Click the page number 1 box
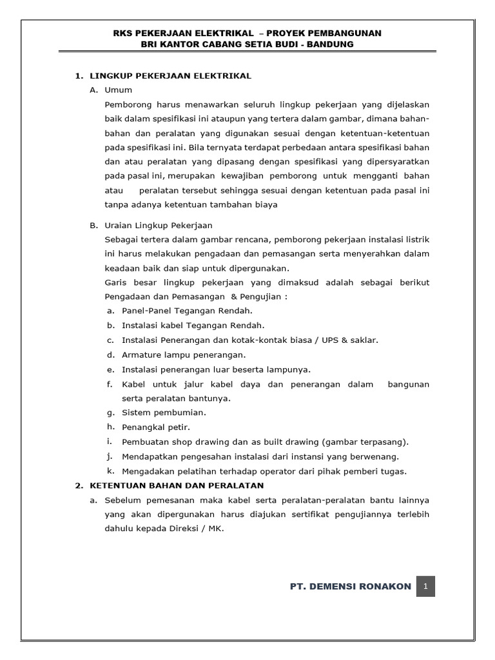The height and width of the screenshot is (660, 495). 425,587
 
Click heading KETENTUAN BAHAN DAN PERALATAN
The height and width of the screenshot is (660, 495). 176,485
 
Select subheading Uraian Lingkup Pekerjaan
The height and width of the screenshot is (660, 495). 158,226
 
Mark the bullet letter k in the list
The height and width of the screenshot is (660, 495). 111,471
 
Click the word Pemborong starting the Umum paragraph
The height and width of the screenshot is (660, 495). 126,104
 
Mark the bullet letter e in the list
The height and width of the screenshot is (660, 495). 111,369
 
